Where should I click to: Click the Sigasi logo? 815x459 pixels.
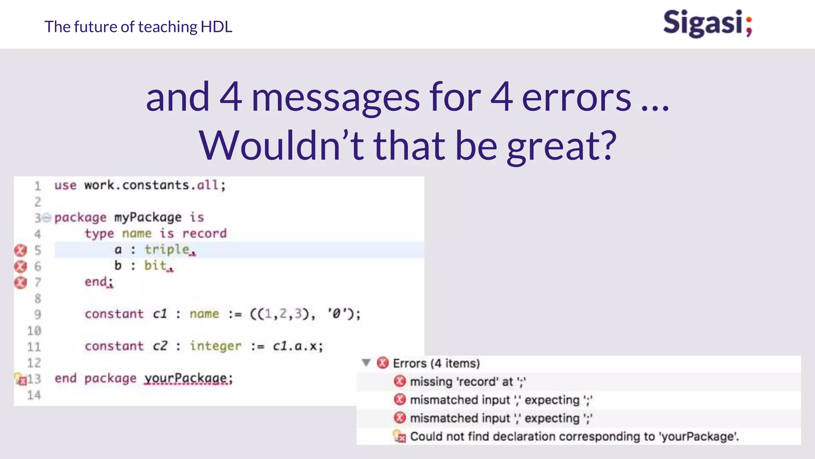707,24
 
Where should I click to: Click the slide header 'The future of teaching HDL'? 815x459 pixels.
138,27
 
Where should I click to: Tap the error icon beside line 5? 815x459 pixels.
20,250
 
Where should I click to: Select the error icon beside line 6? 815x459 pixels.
20,266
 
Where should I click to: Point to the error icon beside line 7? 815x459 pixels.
20,282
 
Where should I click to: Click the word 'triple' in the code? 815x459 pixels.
167,249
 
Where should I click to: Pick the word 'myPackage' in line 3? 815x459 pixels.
148,218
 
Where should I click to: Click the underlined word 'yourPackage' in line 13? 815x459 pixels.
185,378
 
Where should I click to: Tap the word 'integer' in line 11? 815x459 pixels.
215,346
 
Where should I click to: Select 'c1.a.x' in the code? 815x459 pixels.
295,346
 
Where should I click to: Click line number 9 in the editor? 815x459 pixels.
37,314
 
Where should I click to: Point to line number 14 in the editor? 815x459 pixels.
34,395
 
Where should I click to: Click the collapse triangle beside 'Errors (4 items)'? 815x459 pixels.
366,363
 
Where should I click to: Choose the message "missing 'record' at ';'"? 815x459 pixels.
468,382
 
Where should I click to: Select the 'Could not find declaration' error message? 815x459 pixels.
574,437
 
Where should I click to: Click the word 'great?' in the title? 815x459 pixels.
561,146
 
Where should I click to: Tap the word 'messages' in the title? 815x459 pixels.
335,98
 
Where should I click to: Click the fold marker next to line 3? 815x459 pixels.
47,218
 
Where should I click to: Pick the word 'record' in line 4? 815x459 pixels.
204,233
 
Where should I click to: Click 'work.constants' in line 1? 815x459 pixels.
136,185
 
